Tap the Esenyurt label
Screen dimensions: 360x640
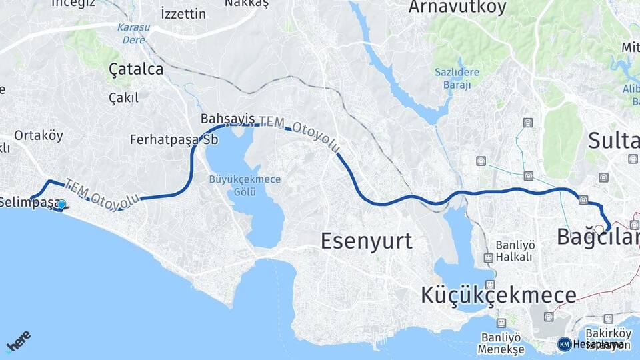(x=366, y=241)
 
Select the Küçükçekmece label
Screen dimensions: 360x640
(x=499, y=295)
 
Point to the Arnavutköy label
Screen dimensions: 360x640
(x=457, y=7)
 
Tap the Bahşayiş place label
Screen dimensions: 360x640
(x=227, y=119)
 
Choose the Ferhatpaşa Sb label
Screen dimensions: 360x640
(x=174, y=140)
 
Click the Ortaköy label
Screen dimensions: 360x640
(x=39, y=135)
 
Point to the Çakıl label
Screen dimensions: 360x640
(x=123, y=98)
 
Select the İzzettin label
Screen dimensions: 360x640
(x=183, y=13)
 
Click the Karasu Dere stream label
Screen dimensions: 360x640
(x=133, y=33)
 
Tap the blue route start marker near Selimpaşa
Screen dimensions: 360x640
(x=61, y=205)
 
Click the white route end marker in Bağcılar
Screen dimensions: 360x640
(x=599, y=229)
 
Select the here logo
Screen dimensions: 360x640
(x=18, y=341)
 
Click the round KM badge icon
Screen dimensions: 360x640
(x=564, y=344)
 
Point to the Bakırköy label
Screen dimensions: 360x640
(x=608, y=333)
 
